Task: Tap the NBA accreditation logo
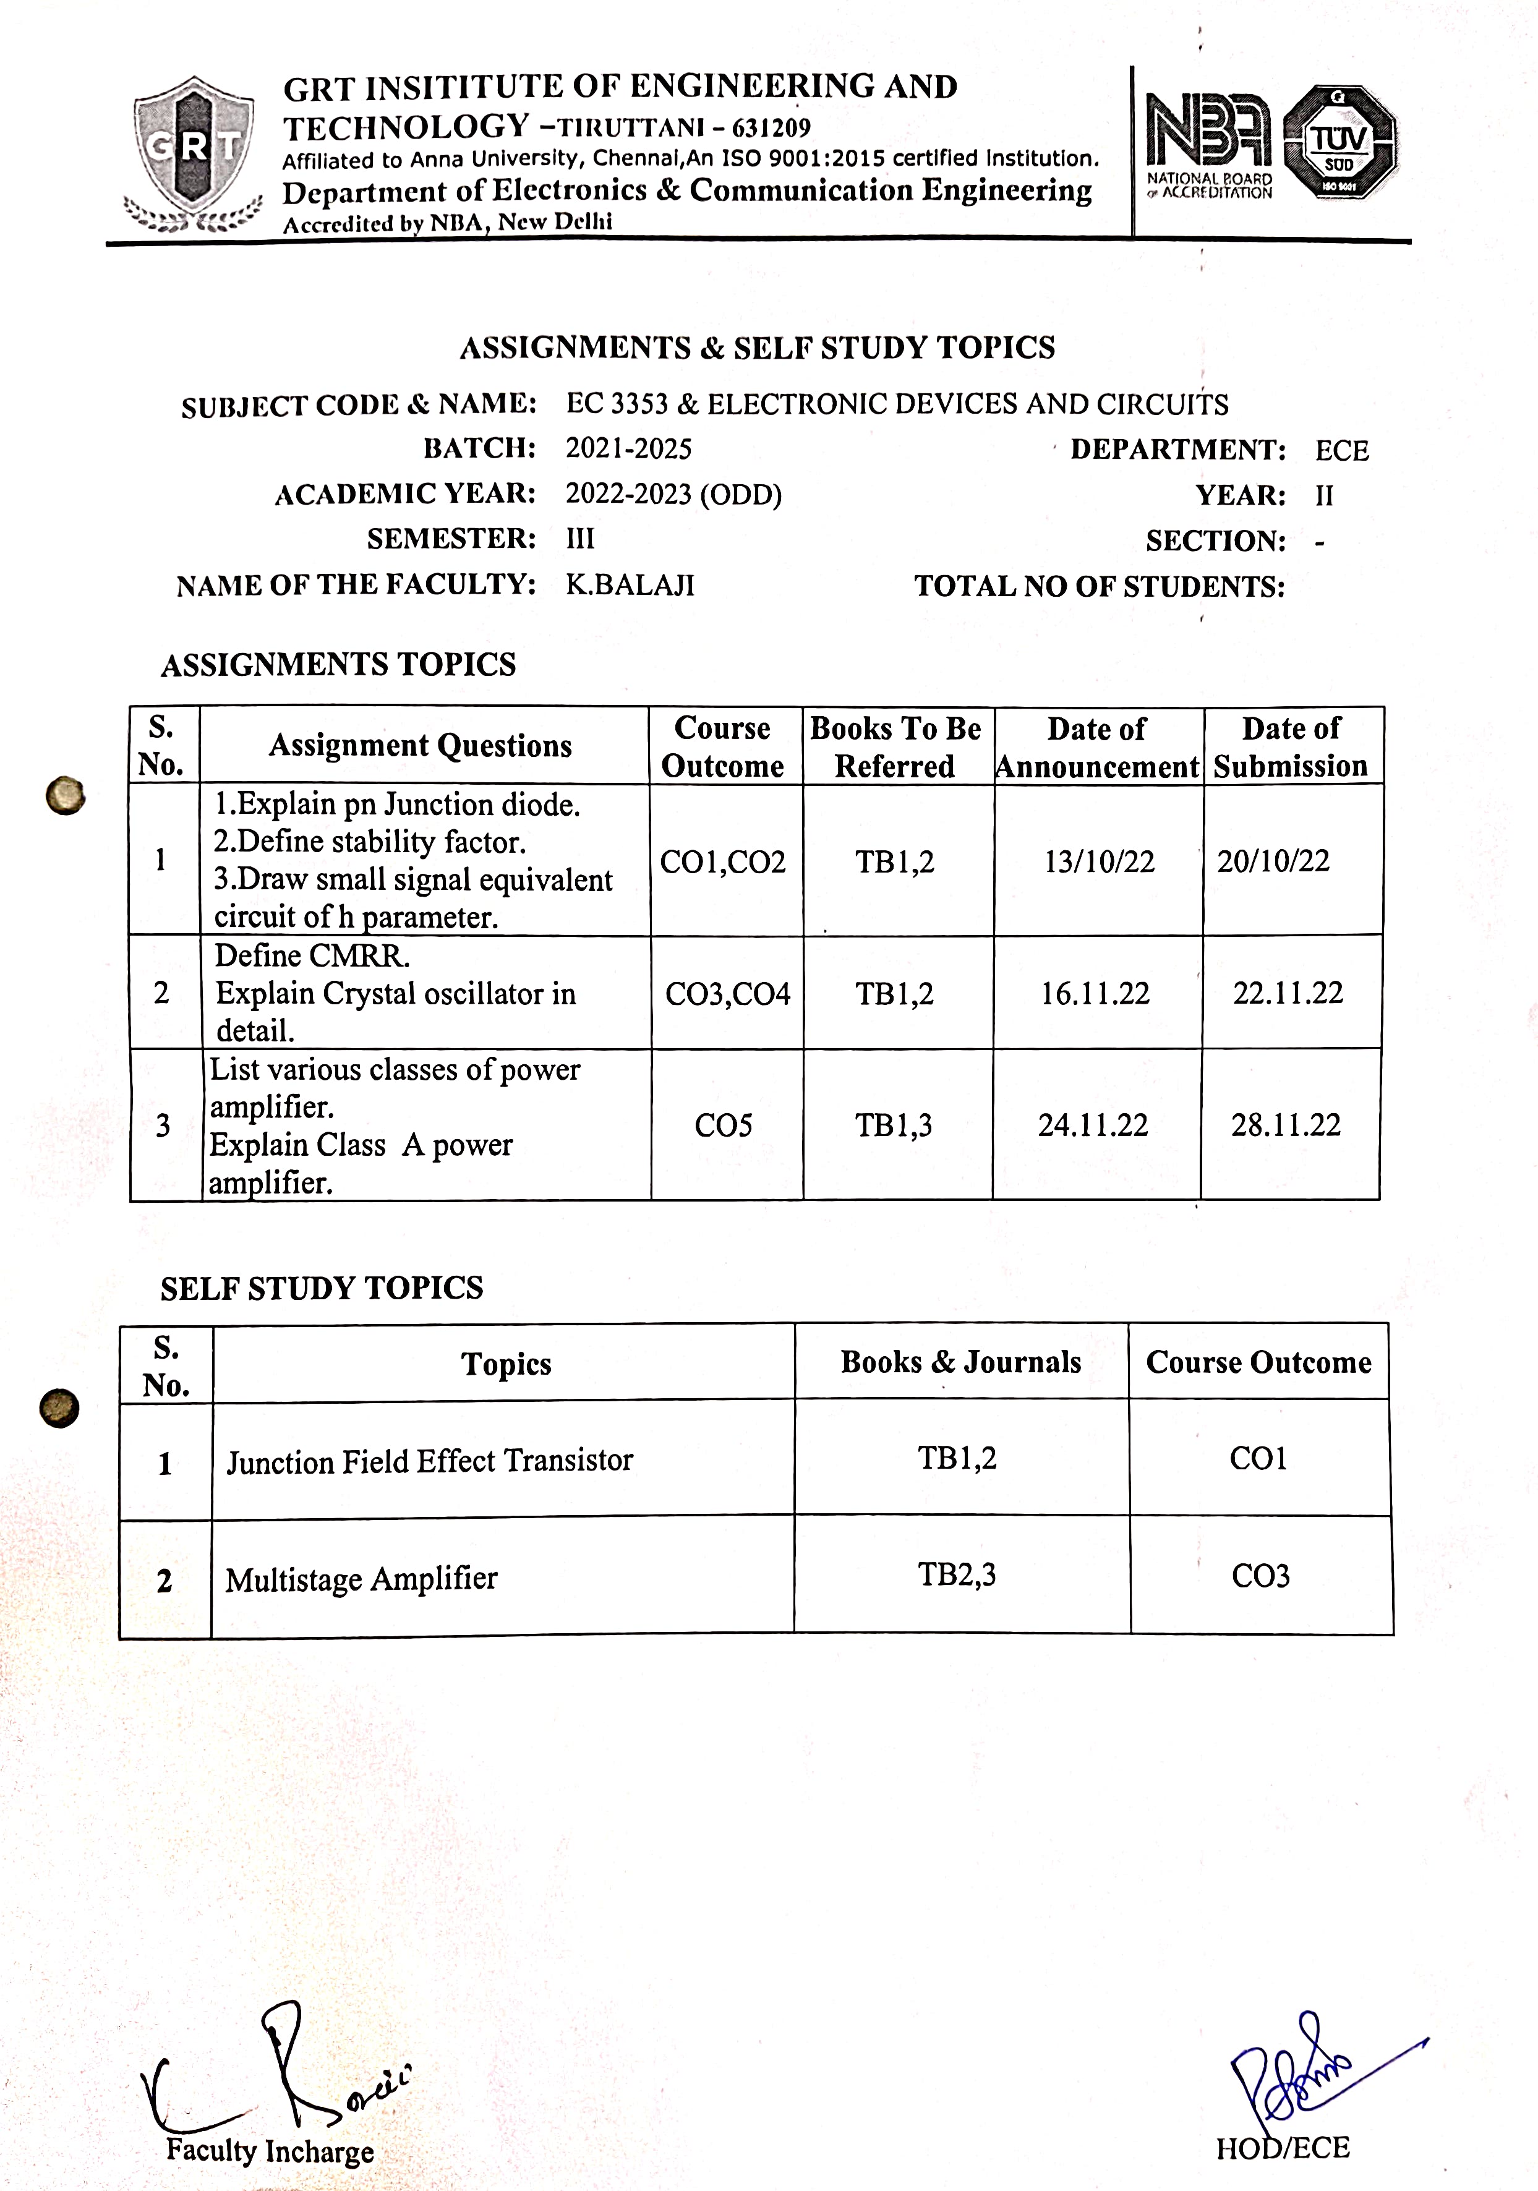(x=1209, y=143)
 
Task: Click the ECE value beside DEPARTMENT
(x=1341, y=450)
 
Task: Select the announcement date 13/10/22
(x=1098, y=861)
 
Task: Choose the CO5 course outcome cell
(x=723, y=1126)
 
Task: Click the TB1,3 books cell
(x=893, y=1126)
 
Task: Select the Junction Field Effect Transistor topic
(x=429, y=1461)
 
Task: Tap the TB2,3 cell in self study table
(x=956, y=1574)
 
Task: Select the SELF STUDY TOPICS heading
(x=322, y=1288)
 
